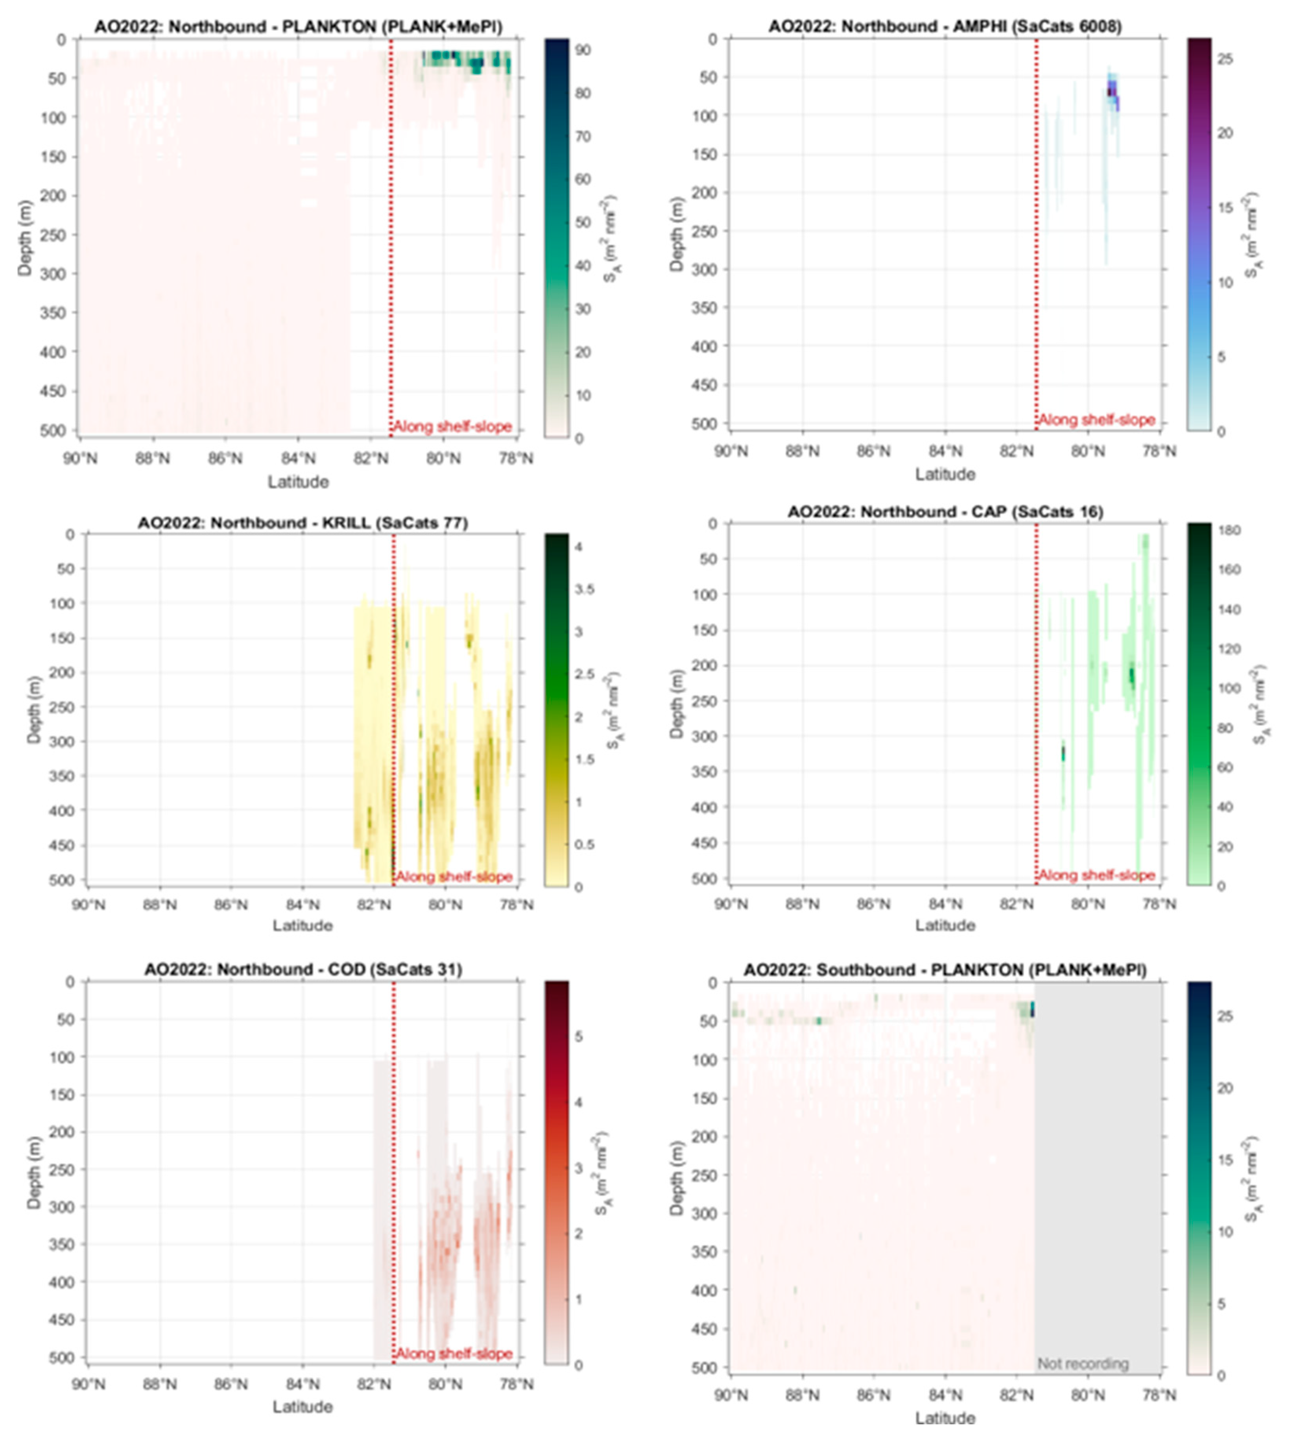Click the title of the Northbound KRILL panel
pyautogui.click(x=303, y=523)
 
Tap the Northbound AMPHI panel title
pyautogui.click(x=945, y=27)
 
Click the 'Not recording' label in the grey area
pyautogui.click(x=1083, y=1364)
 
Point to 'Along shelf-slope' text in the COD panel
pyautogui.click(x=454, y=1354)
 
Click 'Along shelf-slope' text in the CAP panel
pyautogui.click(x=1096, y=876)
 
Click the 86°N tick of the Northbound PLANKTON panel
pyautogui.click(x=225, y=458)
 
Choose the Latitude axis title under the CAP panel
pyautogui.click(x=945, y=925)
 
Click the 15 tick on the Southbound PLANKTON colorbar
pyautogui.click(x=1225, y=1160)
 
